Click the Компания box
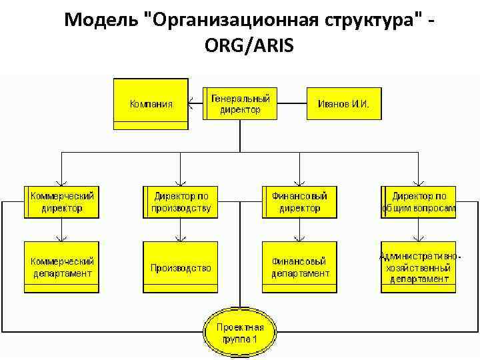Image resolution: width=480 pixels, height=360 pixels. [151, 103]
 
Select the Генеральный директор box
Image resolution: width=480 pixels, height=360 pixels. [240, 103]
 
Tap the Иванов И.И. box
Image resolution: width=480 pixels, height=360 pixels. [344, 103]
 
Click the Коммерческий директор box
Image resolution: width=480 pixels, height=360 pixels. [61, 202]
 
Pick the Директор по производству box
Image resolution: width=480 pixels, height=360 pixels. [181, 202]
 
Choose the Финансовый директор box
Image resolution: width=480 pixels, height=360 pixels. [299, 202]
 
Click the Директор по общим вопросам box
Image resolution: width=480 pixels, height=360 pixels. [419, 202]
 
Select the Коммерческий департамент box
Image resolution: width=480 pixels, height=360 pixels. [61, 267]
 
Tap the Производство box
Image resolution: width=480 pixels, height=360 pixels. [181, 267]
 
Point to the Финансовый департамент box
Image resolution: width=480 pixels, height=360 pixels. [299, 267]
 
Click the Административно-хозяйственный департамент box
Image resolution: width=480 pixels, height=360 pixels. [419, 267]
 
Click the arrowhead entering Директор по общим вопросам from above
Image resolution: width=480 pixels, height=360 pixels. [418, 182]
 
